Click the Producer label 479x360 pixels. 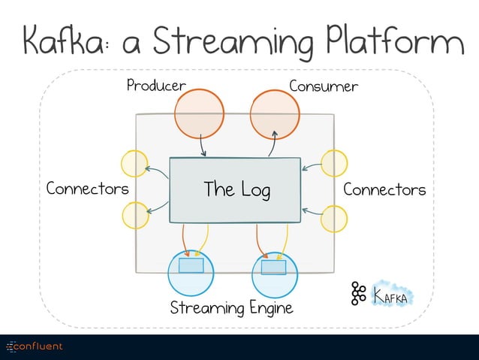pyautogui.click(x=155, y=86)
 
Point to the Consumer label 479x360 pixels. pyautogui.click(x=324, y=86)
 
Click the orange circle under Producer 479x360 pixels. pyautogui.click(x=200, y=114)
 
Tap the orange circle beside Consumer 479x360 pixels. pyautogui.click(x=275, y=114)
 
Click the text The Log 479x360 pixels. pyautogui.click(x=236, y=189)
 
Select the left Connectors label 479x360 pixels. pyautogui.click(x=87, y=189)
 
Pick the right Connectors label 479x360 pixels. pyautogui.click(x=384, y=189)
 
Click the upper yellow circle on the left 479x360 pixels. pyautogui.click(x=134, y=164)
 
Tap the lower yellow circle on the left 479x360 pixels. pyautogui.click(x=134, y=216)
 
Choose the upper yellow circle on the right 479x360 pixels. pyautogui.click(x=334, y=163)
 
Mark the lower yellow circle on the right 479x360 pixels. pyautogui.click(x=334, y=219)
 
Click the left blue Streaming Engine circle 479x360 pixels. pyautogui.click(x=191, y=272)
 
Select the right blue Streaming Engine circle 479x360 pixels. pyautogui.click(x=274, y=274)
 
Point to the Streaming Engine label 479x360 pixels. pyautogui.click(x=230, y=308)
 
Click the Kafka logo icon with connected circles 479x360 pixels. pyautogui.click(x=358, y=294)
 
